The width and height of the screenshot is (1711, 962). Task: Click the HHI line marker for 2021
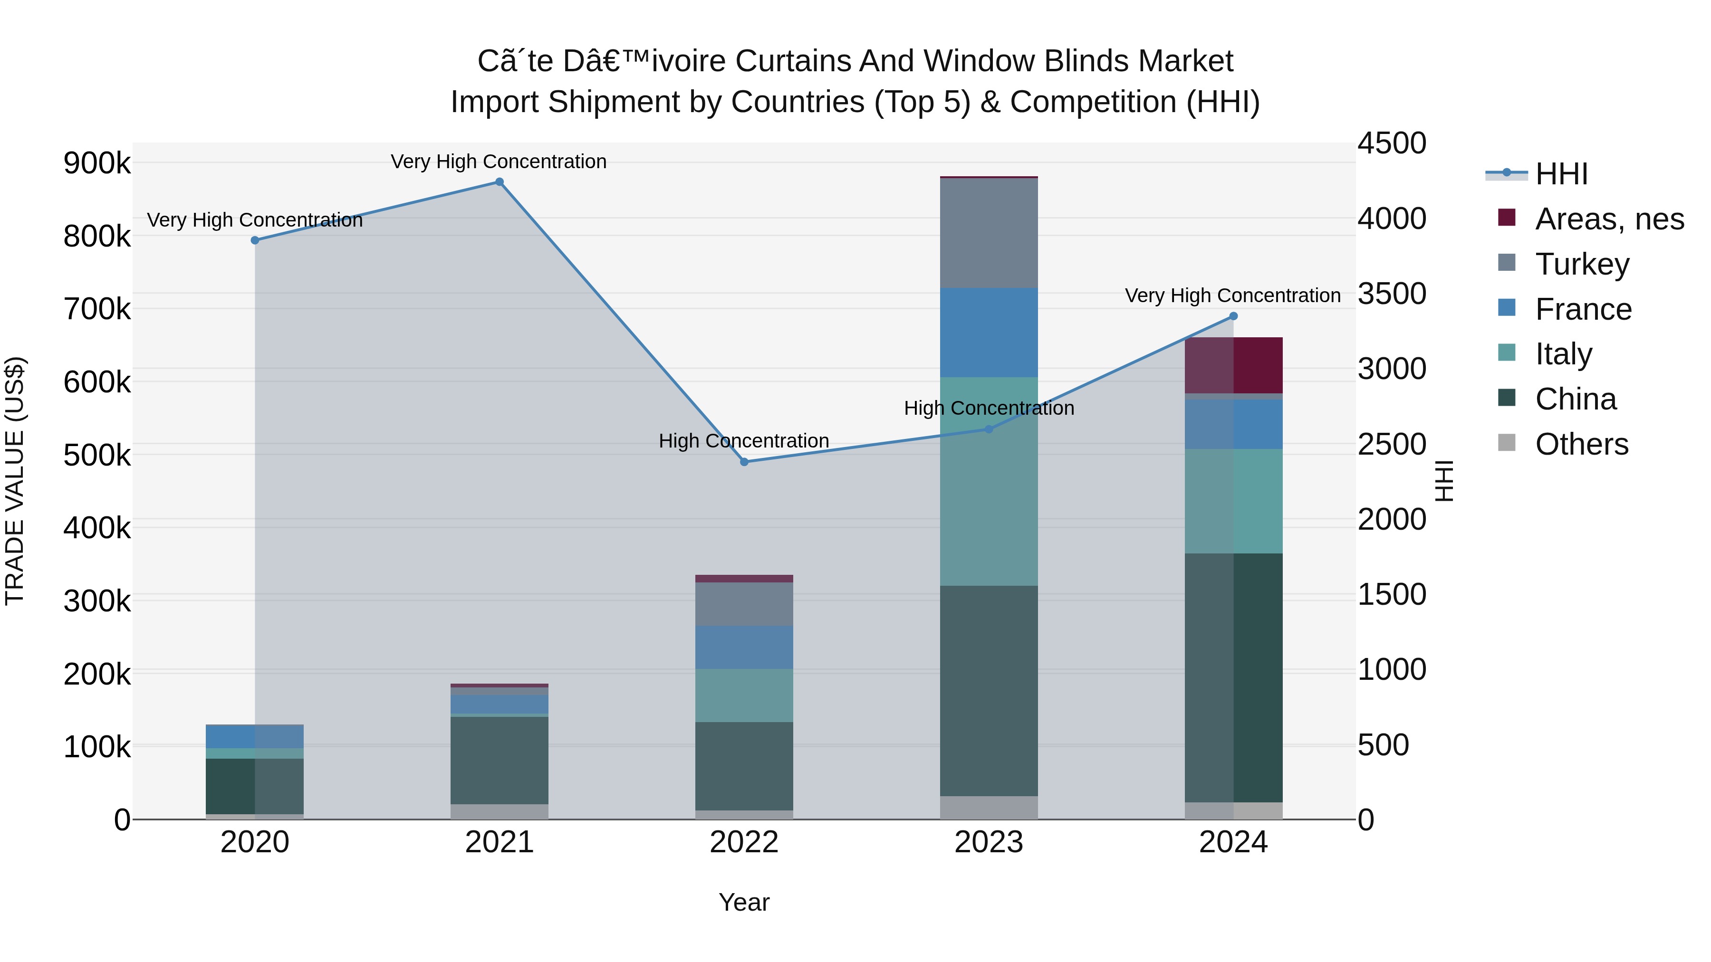[x=500, y=182]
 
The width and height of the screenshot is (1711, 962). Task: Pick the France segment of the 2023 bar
[x=989, y=332]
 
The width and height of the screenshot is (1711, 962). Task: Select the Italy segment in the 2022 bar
[x=744, y=695]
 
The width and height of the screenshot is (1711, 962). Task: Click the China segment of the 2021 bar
[x=500, y=760]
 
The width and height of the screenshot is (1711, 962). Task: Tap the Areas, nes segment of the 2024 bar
[x=1233, y=365]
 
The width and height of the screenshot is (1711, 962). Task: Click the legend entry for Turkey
[x=1581, y=264]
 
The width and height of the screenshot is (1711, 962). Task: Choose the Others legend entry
[x=1581, y=444]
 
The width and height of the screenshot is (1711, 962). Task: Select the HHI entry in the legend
[x=1561, y=174]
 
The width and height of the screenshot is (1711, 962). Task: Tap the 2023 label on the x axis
[x=989, y=842]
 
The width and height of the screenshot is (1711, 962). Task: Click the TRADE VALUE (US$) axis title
[x=15, y=481]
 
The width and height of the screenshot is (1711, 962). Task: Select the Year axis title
[x=744, y=902]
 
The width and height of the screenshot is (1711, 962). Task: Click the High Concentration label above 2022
[x=744, y=441]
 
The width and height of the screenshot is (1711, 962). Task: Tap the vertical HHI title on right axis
[x=1444, y=481]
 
